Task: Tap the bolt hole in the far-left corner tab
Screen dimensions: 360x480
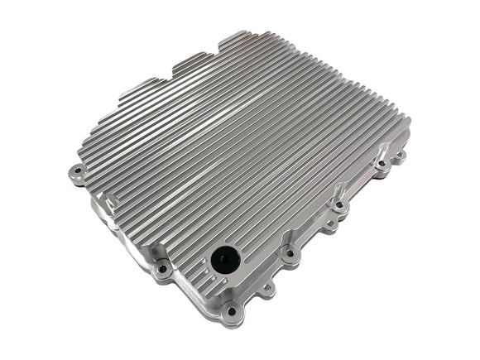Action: coord(78,172)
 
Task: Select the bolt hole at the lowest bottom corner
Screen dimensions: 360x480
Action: coord(232,312)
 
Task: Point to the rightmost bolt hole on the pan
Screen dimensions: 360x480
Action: coord(401,155)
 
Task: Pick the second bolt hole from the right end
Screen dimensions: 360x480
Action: coord(380,165)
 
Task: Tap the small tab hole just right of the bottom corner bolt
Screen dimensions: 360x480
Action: coord(266,289)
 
